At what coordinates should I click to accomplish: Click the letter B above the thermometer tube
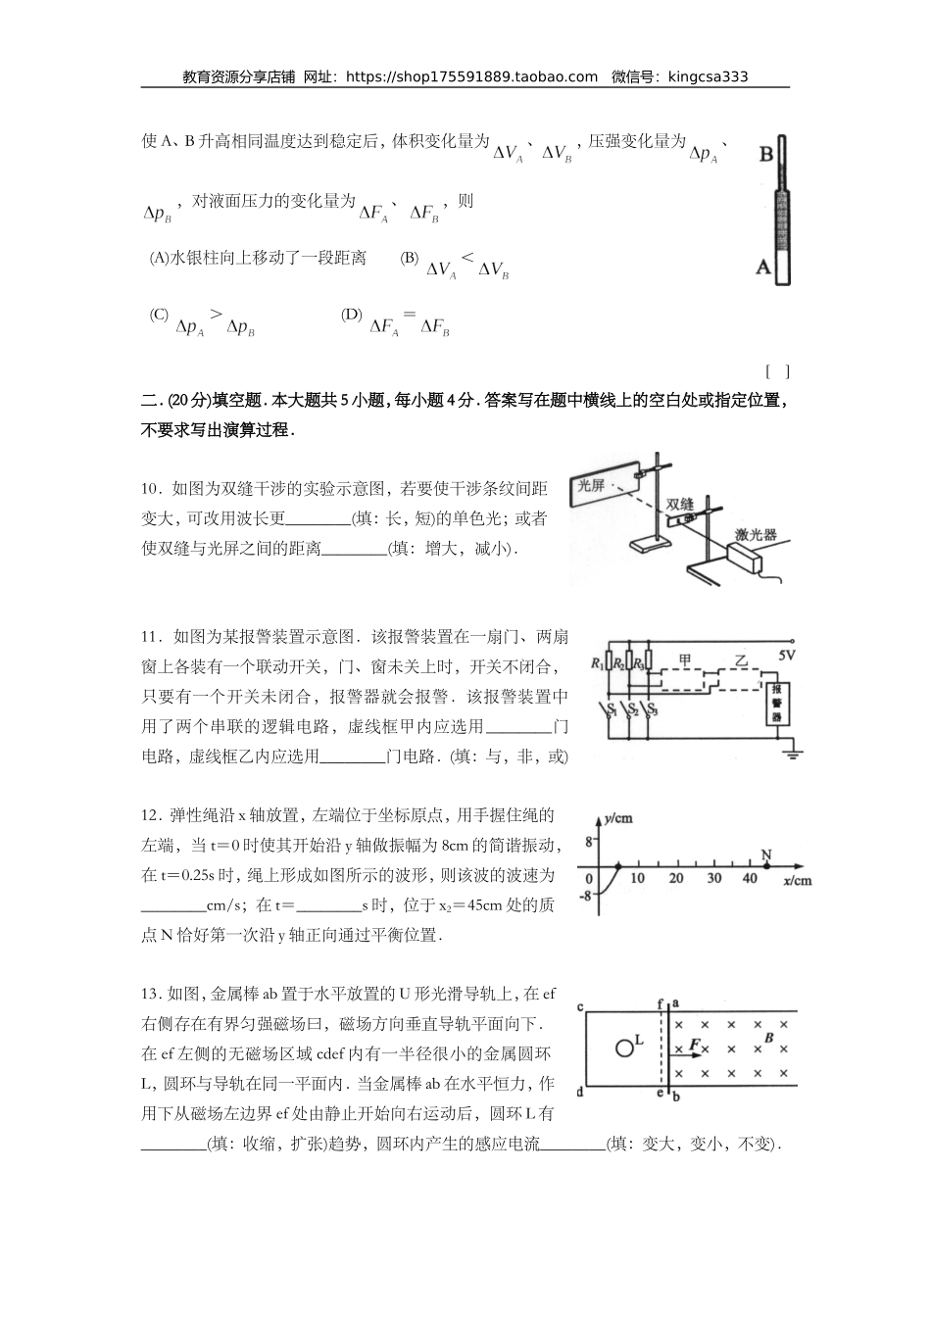pyautogui.click(x=766, y=154)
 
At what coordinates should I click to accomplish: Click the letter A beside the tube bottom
pyautogui.click(x=763, y=265)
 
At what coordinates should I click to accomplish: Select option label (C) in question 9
pyautogui.click(x=159, y=315)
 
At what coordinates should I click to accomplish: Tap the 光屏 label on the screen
pyautogui.click(x=591, y=485)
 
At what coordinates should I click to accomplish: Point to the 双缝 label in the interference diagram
pyautogui.click(x=679, y=504)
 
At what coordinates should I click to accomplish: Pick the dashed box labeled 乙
pyautogui.click(x=743, y=670)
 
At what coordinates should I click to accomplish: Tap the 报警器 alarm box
pyautogui.click(x=778, y=703)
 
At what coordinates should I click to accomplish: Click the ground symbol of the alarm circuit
pyautogui.click(x=792, y=753)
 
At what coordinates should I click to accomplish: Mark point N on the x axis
pyautogui.click(x=765, y=866)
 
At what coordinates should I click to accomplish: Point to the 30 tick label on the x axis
pyautogui.click(x=713, y=879)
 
